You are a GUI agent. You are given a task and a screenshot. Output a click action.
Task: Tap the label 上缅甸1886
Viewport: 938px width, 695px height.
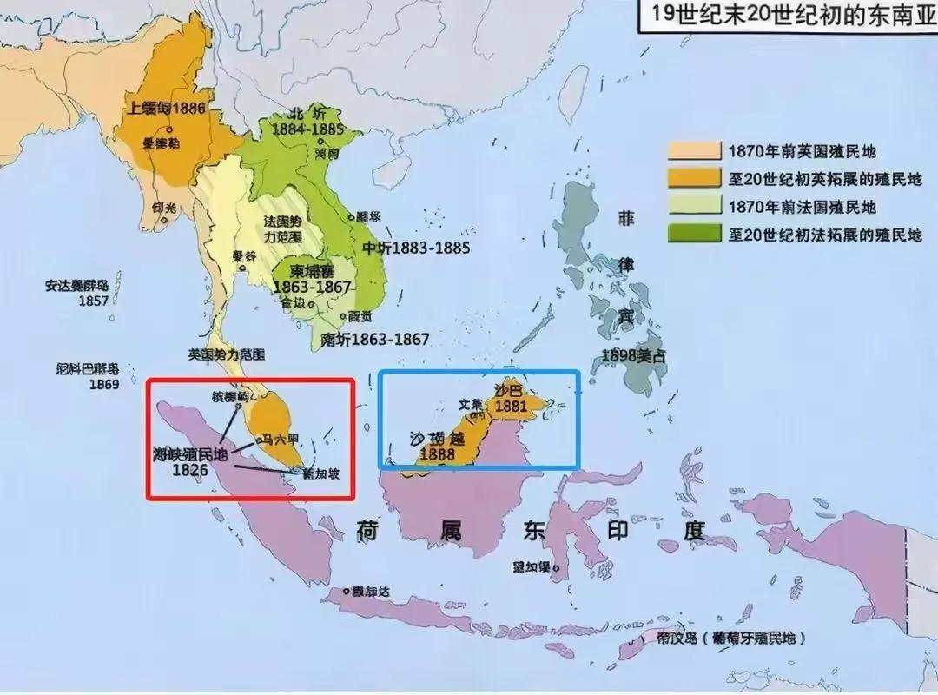166,108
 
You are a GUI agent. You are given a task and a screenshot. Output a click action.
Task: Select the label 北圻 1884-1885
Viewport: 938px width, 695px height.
304,122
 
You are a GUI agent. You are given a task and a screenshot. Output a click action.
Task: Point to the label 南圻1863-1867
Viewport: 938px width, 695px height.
376,340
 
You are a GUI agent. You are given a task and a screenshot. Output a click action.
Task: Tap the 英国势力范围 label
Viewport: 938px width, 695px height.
227,354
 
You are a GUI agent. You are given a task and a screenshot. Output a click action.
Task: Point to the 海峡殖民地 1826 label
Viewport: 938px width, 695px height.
189,460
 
